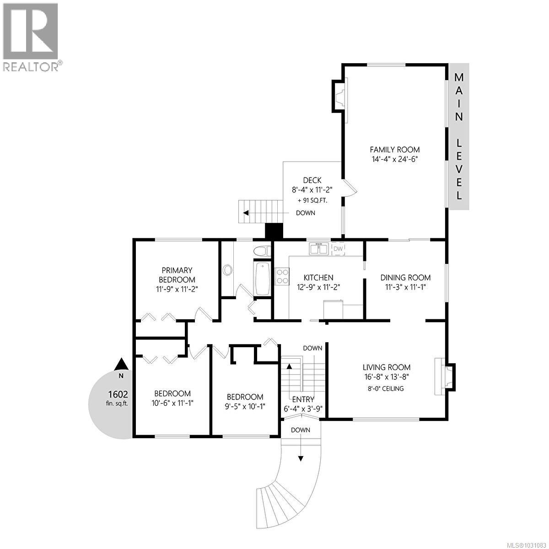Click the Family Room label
[x=394, y=150]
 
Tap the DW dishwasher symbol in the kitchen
[x=338, y=248]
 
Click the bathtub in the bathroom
[x=262, y=279]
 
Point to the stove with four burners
[x=281, y=277]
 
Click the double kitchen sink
[x=319, y=249]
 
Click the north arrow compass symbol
[x=121, y=364]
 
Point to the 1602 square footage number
[x=118, y=394]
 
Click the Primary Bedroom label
[x=177, y=275]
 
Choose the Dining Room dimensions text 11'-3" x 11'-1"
[x=405, y=287]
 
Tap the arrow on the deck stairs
[x=246, y=213]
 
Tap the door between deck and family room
[x=349, y=188]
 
